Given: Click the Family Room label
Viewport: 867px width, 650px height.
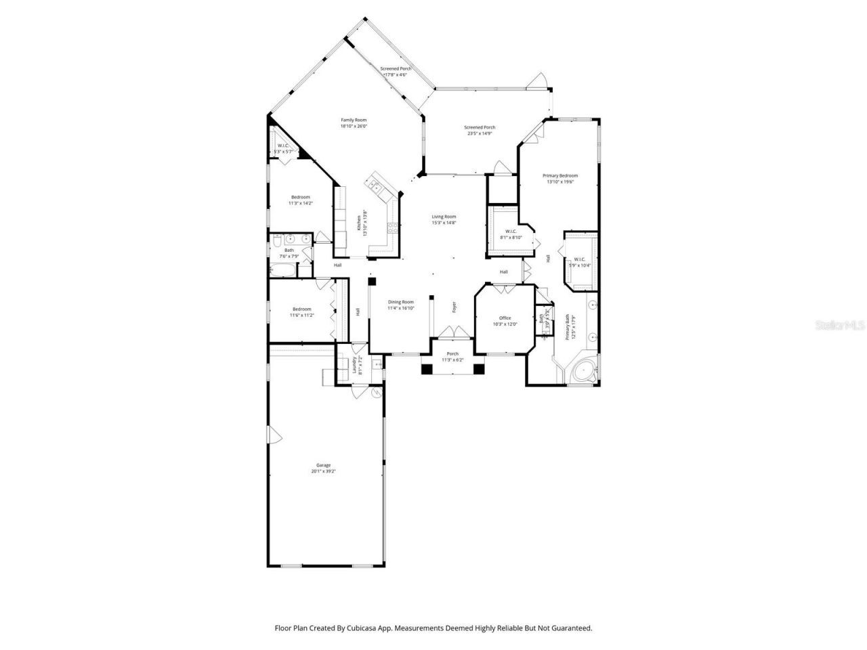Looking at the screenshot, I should point(353,120).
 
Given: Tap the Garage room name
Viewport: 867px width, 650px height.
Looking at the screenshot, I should point(323,465).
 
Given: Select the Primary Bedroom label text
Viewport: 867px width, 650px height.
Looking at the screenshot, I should point(560,175).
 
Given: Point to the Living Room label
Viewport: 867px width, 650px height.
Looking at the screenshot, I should point(444,217).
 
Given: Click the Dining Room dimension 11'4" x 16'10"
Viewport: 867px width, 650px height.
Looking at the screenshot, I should point(400,308).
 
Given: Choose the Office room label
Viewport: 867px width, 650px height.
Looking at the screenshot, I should point(505,318).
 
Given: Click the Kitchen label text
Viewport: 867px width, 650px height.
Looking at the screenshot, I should point(359,223).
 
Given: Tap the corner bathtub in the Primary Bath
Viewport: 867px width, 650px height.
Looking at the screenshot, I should point(583,372).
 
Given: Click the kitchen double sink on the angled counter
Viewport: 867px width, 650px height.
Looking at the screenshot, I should point(375,183).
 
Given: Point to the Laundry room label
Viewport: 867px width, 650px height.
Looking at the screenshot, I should point(354,366).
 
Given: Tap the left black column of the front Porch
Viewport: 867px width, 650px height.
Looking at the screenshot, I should point(427,369).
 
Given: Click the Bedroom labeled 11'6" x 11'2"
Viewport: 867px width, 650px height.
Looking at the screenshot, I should point(301,309).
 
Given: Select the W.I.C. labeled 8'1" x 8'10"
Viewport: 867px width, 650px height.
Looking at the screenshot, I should point(510,231).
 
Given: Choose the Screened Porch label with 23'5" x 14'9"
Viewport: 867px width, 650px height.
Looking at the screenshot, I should point(480,127).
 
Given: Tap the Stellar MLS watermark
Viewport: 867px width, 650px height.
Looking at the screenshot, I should point(839,326).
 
